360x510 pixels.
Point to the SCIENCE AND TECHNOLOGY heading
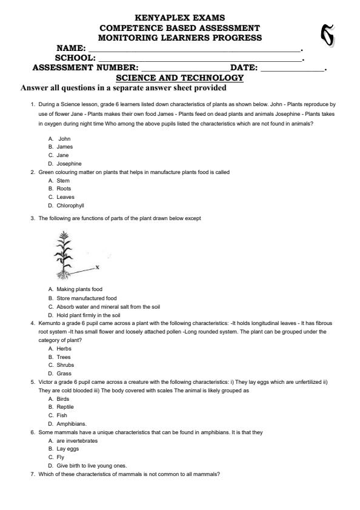179,78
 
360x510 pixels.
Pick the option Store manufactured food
82,298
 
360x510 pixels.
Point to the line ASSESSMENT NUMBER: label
85,69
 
